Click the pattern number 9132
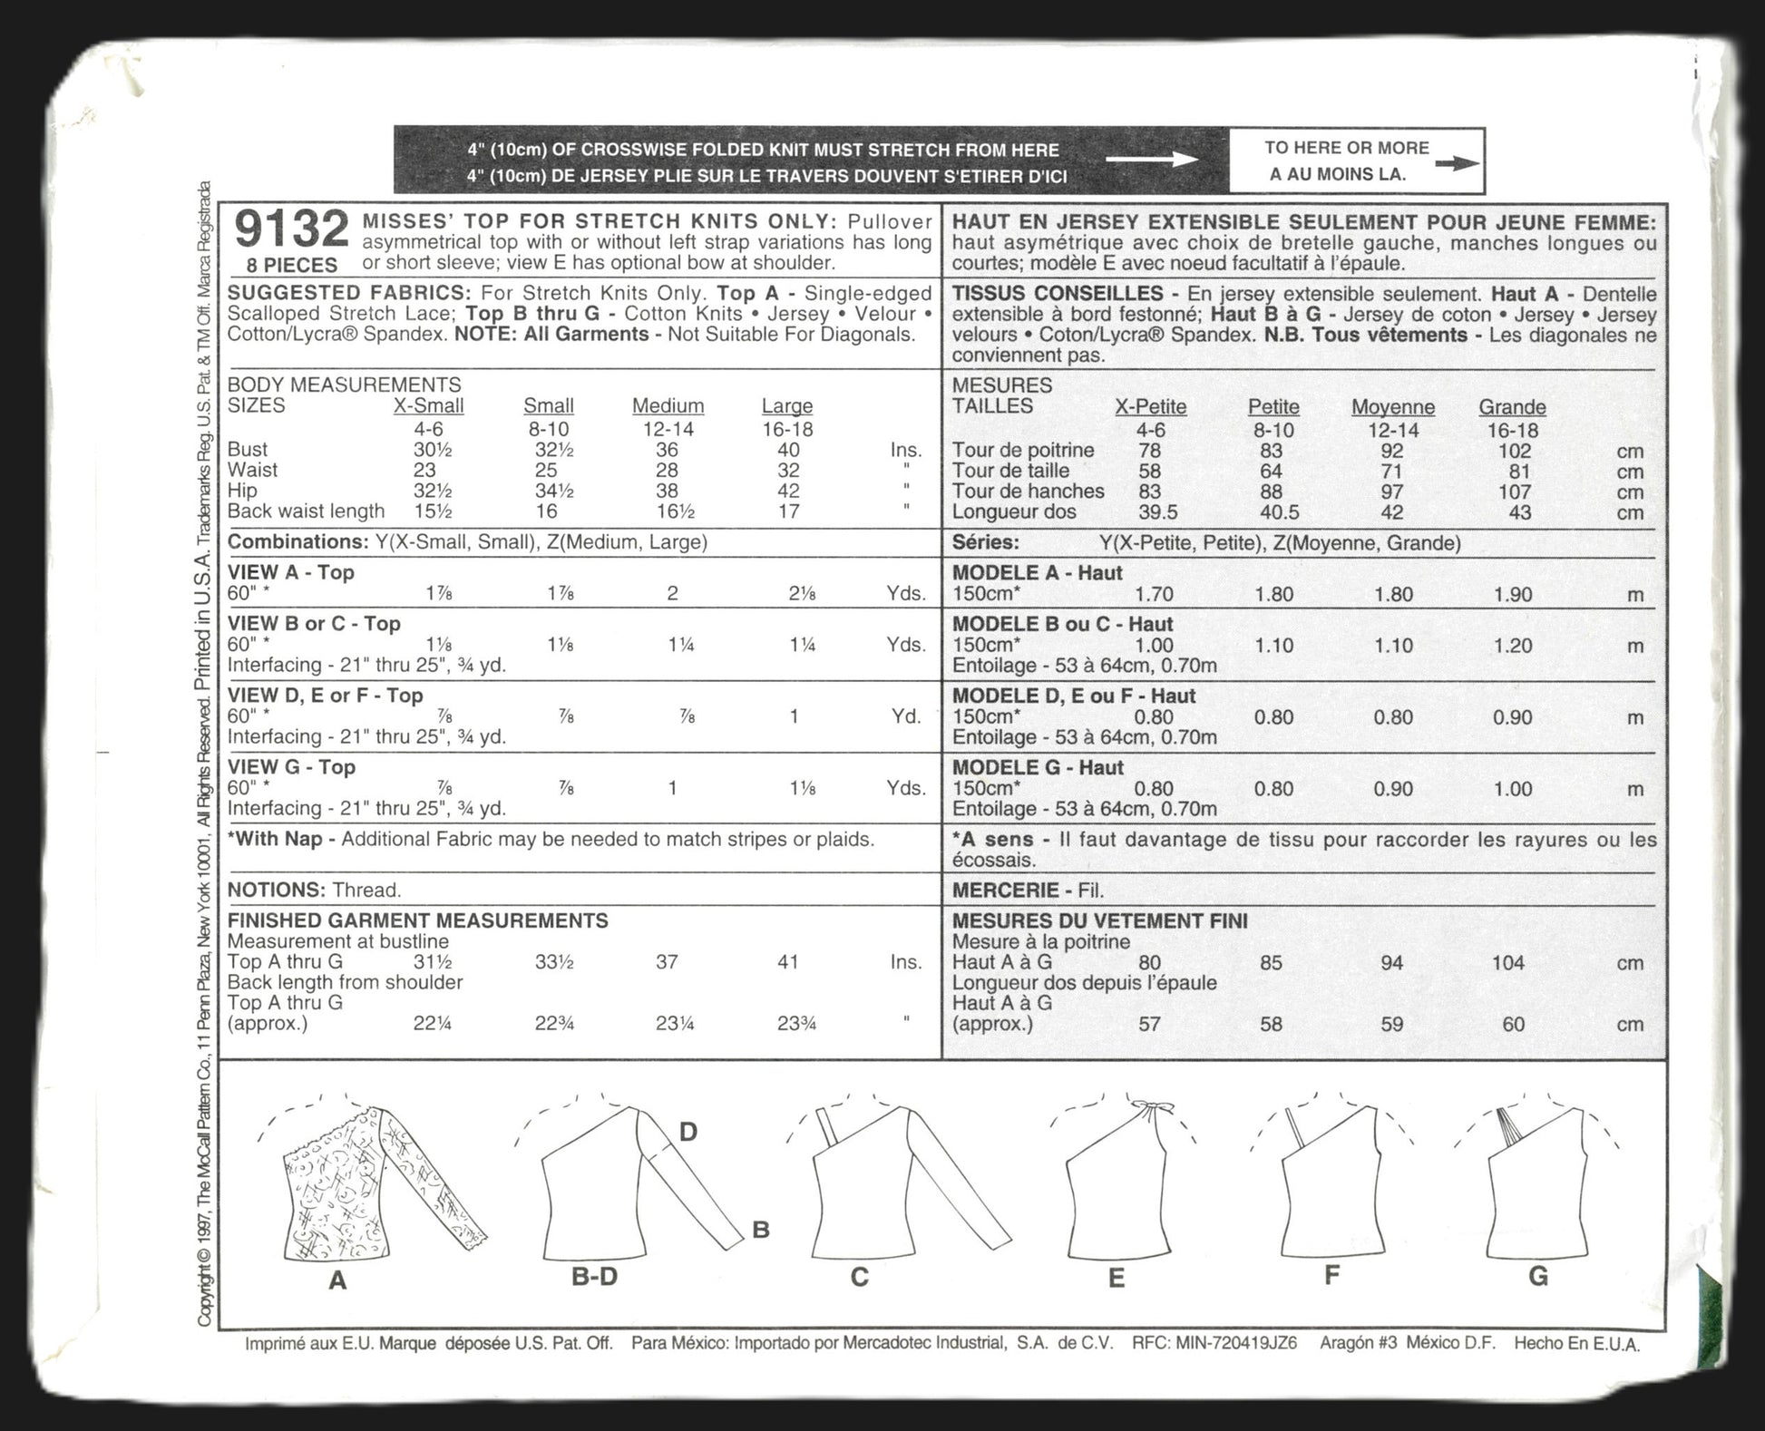click(x=290, y=229)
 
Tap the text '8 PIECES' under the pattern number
click(x=292, y=265)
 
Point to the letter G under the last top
click(x=1537, y=1276)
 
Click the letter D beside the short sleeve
click(x=688, y=1132)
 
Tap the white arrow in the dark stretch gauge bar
click(x=1151, y=160)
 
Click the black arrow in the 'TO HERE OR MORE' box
click(x=1458, y=164)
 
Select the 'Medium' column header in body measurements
click(x=668, y=405)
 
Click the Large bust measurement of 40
click(x=788, y=450)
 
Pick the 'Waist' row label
click(x=252, y=470)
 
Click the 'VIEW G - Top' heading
click(x=291, y=767)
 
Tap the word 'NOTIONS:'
click(x=277, y=890)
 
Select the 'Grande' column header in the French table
click(x=1512, y=407)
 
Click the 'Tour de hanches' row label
click(x=1028, y=492)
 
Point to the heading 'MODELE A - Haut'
click(x=1037, y=573)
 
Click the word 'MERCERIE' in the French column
click(x=1005, y=891)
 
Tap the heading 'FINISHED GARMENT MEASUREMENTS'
click(x=417, y=920)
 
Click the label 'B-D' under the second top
click(x=594, y=1277)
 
